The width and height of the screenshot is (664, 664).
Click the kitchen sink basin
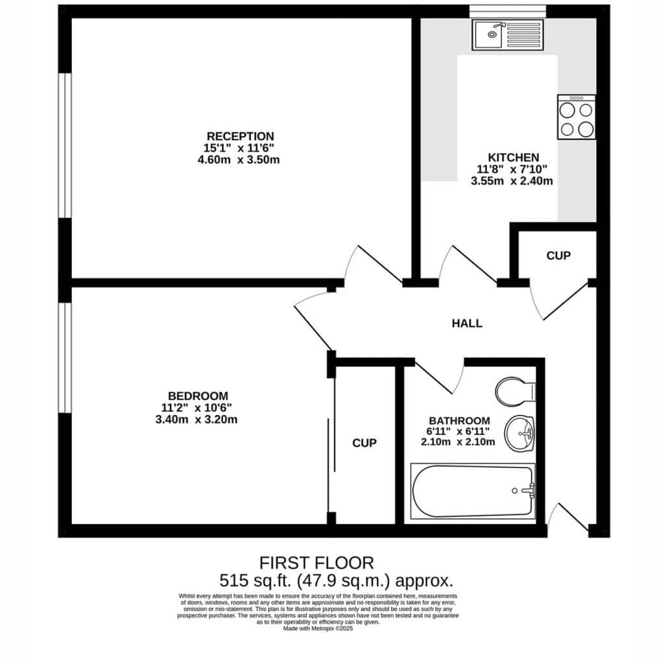489,34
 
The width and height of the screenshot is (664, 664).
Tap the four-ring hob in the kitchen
576,117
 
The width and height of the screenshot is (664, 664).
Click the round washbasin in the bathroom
519,433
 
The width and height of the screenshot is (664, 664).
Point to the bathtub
473,492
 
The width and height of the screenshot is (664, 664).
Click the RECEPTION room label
240,136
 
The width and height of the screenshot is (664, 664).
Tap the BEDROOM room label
198,396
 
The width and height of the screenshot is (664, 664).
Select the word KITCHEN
514,158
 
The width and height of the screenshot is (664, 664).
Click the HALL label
467,324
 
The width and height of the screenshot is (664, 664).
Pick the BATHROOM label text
460,421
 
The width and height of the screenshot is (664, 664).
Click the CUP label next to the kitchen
558,255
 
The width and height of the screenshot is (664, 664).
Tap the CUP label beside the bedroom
364,443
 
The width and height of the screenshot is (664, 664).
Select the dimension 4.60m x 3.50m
239,160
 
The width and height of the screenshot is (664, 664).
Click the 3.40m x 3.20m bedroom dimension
196,420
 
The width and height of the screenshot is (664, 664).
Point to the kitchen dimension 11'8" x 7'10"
512,169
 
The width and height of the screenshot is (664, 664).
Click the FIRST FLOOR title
316,563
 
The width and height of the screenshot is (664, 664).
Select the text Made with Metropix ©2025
318,629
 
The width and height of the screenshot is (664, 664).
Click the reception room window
65,145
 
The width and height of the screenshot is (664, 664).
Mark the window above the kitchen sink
507,12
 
